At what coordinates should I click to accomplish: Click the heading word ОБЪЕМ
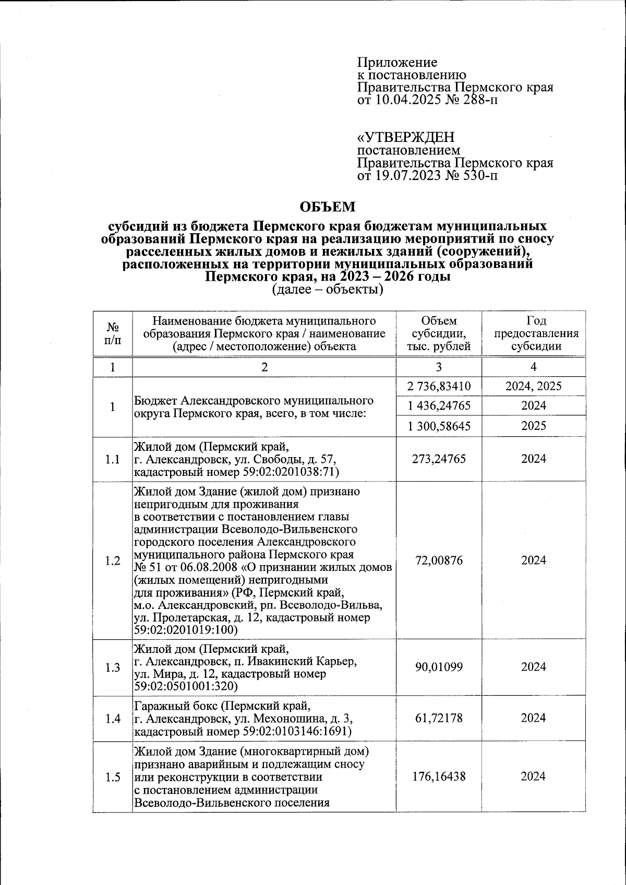328,207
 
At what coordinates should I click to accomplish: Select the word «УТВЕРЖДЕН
405,137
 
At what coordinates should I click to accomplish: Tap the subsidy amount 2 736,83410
439,387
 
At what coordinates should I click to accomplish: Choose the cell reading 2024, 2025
533,387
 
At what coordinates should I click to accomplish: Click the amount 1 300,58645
439,426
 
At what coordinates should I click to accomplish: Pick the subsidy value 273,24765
439,459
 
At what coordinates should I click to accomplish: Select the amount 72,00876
439,560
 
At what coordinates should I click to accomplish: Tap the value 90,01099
439,667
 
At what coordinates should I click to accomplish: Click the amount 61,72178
439,718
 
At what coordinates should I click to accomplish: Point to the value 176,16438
439,776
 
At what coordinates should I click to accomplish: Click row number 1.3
113,667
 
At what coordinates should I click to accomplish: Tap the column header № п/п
113,333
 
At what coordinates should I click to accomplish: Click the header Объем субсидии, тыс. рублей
439,333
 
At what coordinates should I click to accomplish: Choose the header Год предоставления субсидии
533,333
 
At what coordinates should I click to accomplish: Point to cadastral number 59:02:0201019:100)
186,630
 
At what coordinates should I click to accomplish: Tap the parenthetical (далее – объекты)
328,289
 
